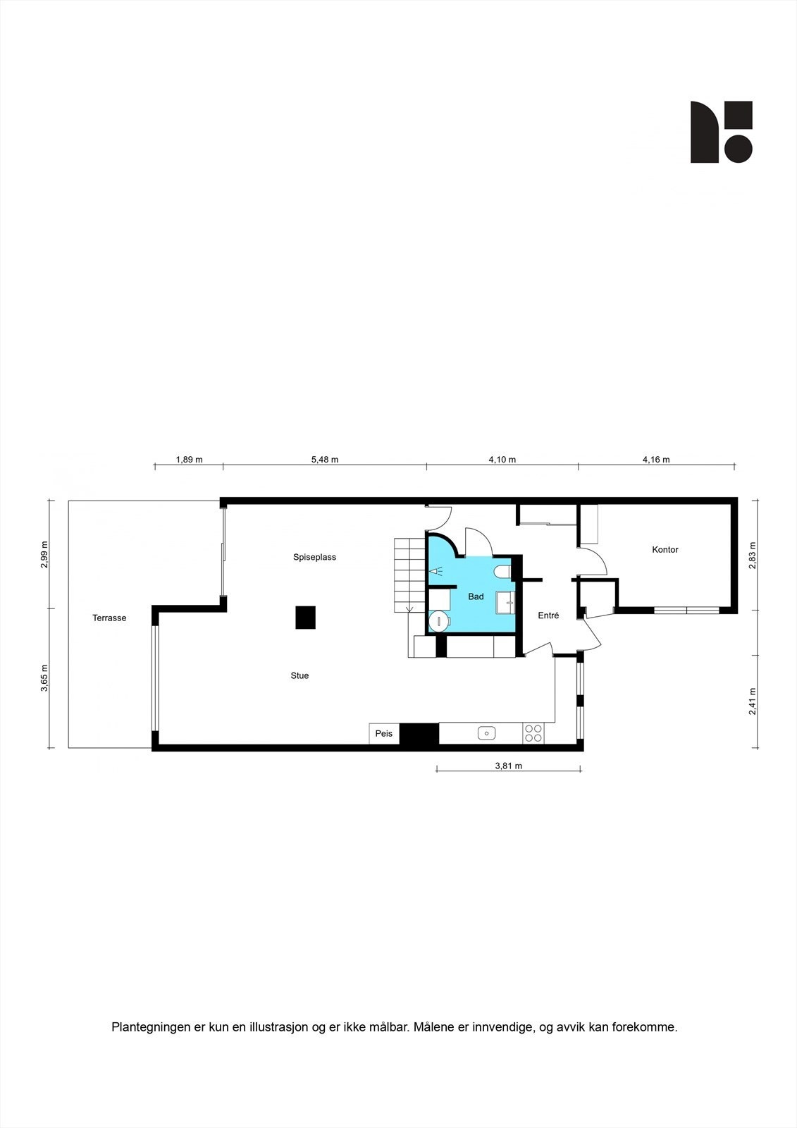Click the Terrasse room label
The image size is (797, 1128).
click(109, 618)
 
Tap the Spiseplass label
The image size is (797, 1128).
click(314, 557)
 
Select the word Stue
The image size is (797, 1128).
click(299, 675)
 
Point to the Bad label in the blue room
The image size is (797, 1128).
click(476, 596)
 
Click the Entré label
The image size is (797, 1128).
click(548, 615)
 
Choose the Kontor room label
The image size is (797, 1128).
click(665, 549)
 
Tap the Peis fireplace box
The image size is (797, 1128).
click(384, 734)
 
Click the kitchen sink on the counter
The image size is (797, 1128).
click(486, 733)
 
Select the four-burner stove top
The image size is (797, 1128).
click(533, 733)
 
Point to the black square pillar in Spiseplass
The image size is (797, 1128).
click(305, 618)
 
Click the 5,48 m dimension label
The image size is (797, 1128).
click(325, 460)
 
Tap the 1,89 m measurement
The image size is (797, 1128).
click(189, 460)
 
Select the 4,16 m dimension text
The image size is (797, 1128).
click(656, 460)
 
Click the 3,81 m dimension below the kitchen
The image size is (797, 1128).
click(508, 766)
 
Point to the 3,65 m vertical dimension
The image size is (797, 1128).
click(44, 678)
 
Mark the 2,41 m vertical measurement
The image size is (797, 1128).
click(753, 701)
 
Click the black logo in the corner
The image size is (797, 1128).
click(721, 132)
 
